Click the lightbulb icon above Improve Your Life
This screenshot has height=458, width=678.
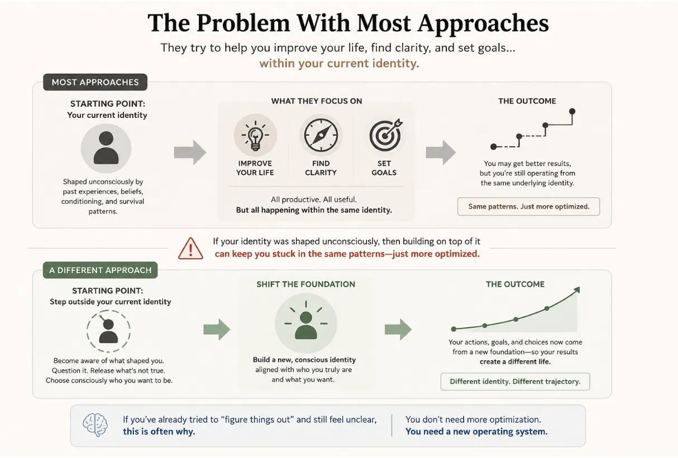(x=255, y=135)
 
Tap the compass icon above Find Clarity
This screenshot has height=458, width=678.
(x=321, y=135)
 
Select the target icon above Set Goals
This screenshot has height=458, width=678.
(x=385, y=135)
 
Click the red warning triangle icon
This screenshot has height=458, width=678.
(x=190, y=249)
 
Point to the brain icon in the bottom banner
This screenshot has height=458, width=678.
(x=95, y=424)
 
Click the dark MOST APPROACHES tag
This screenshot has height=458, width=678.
(x=95, y=82)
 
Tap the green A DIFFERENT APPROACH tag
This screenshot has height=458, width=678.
(x=100, y=270)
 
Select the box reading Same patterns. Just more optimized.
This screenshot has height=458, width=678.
(x=528, y=207)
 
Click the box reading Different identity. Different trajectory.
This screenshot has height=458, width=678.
(x=515, y=381)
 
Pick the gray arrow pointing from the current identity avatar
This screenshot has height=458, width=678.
(x=190, y=152)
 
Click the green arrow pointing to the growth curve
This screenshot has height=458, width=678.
(x=398, y=329)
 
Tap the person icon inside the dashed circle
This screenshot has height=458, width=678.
(x=108, y=331)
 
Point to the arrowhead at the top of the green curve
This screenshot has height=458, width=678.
(x=577, y=290)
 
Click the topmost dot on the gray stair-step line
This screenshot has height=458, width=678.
(x=572, y=111)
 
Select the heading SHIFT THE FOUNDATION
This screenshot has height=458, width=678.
(x=305, y=284)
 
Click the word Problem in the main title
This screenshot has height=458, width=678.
(x=243, y=23)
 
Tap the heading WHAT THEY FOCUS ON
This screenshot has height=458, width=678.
(x=317, y=101)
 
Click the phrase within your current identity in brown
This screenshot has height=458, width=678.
(x=339, y=64)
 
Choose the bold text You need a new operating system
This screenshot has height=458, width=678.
(x=476, y=431)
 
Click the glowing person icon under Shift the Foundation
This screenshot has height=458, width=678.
(x=305, y=323)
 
